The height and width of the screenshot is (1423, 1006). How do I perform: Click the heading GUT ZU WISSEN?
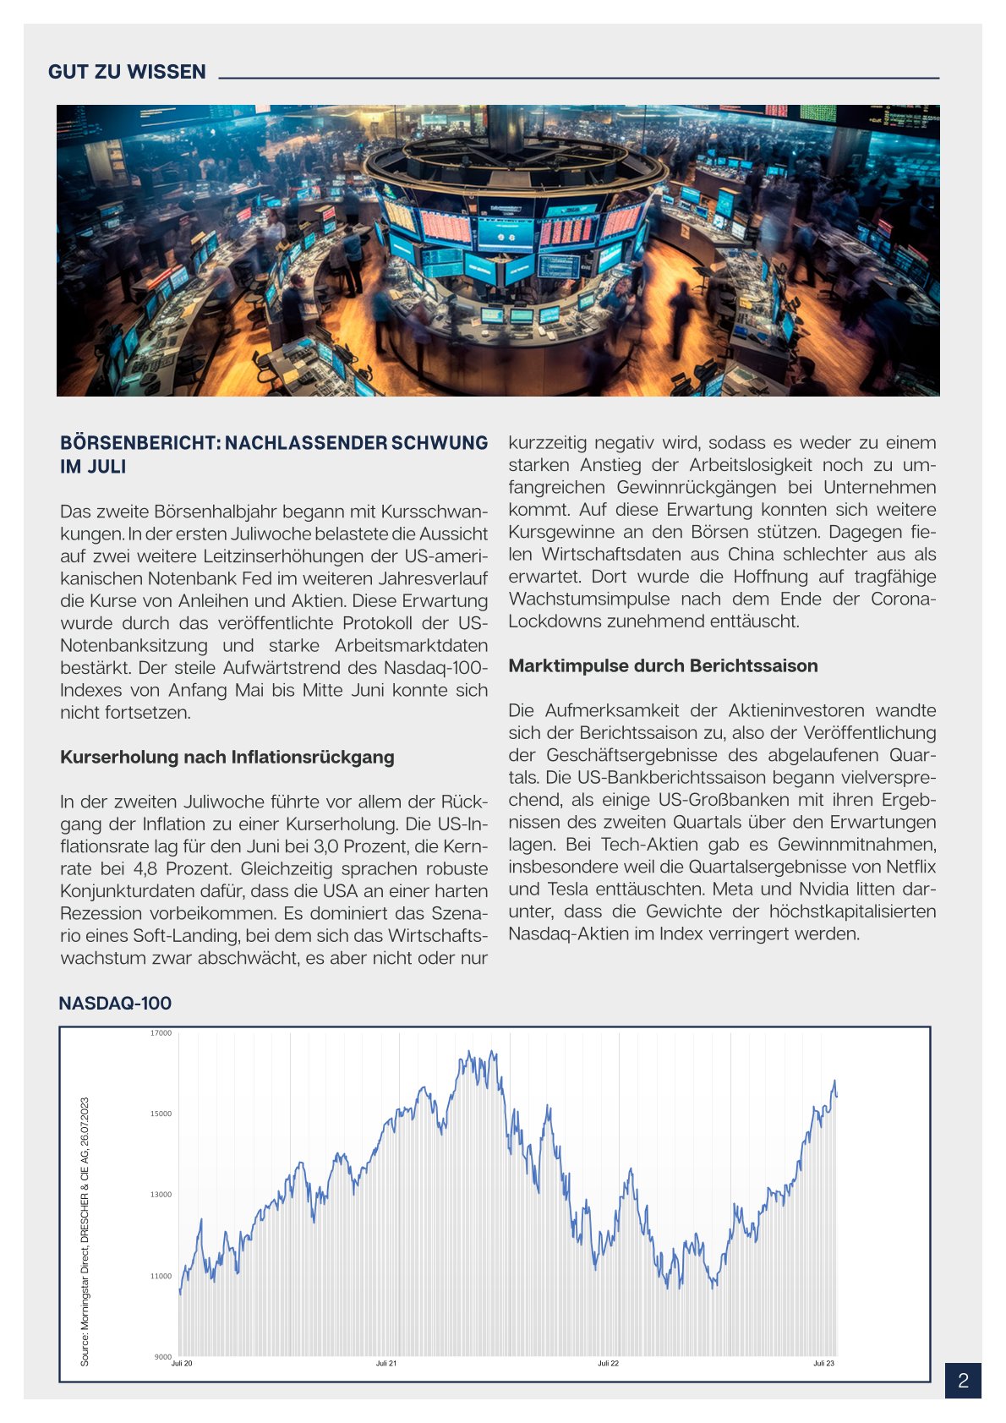click(x=127, y=72)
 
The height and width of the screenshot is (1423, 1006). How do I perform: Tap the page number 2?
click(x=963, y=1381)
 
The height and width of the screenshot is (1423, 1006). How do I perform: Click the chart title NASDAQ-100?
click(x=115, y=1004)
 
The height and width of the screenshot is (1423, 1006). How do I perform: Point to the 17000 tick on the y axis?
click(x=161, y=1033)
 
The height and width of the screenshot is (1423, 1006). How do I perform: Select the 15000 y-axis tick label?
click(x=161, y=1114)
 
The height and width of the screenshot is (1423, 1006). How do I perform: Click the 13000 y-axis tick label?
click(x=161, y=1195)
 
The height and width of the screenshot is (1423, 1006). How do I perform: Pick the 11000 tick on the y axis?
click(x=161, y=1276)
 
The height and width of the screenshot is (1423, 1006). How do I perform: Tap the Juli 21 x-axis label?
click(x=386, y=1363)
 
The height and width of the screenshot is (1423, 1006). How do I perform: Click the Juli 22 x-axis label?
click(x=608, y=1363)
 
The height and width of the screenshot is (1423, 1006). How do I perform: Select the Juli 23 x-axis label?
click(x=823, y=1363)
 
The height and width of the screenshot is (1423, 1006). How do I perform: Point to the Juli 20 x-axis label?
click(x=182, y=1363)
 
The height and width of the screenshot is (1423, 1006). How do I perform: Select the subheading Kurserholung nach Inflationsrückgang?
click(x=227, y=757)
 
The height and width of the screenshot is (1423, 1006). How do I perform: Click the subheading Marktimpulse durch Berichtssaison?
click(x=663, y=665)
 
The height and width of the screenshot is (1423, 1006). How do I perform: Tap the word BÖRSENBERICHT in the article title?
click(x=139, y=443)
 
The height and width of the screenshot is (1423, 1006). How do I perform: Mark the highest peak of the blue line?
click(x=470, y=1052)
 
